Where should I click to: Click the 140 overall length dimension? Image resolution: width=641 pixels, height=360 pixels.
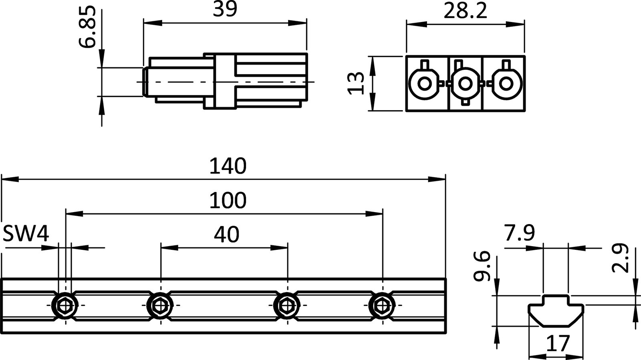click(228, 166)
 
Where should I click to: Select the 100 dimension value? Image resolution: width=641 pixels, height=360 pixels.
click(228, 200)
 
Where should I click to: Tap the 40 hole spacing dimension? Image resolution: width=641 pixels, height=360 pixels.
click(227, 235)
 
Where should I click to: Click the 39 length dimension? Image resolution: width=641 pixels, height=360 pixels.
click(225, 10)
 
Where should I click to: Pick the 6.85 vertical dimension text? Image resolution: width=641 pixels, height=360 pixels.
click(88, 27)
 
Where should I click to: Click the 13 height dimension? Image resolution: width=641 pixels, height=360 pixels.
click(356, 83)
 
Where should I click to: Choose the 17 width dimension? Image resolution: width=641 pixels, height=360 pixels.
click(558, 344)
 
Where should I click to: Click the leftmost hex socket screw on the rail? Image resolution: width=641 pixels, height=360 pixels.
click(65, 305)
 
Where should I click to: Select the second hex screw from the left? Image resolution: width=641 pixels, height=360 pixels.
click(160, 305)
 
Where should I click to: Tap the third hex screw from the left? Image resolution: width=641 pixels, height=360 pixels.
click(287, 305)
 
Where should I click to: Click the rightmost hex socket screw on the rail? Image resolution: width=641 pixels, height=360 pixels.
click(382, 305)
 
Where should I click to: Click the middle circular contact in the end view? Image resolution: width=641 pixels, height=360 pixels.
click(465, 83)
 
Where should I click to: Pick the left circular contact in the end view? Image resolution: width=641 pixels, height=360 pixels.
click(424, 83)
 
